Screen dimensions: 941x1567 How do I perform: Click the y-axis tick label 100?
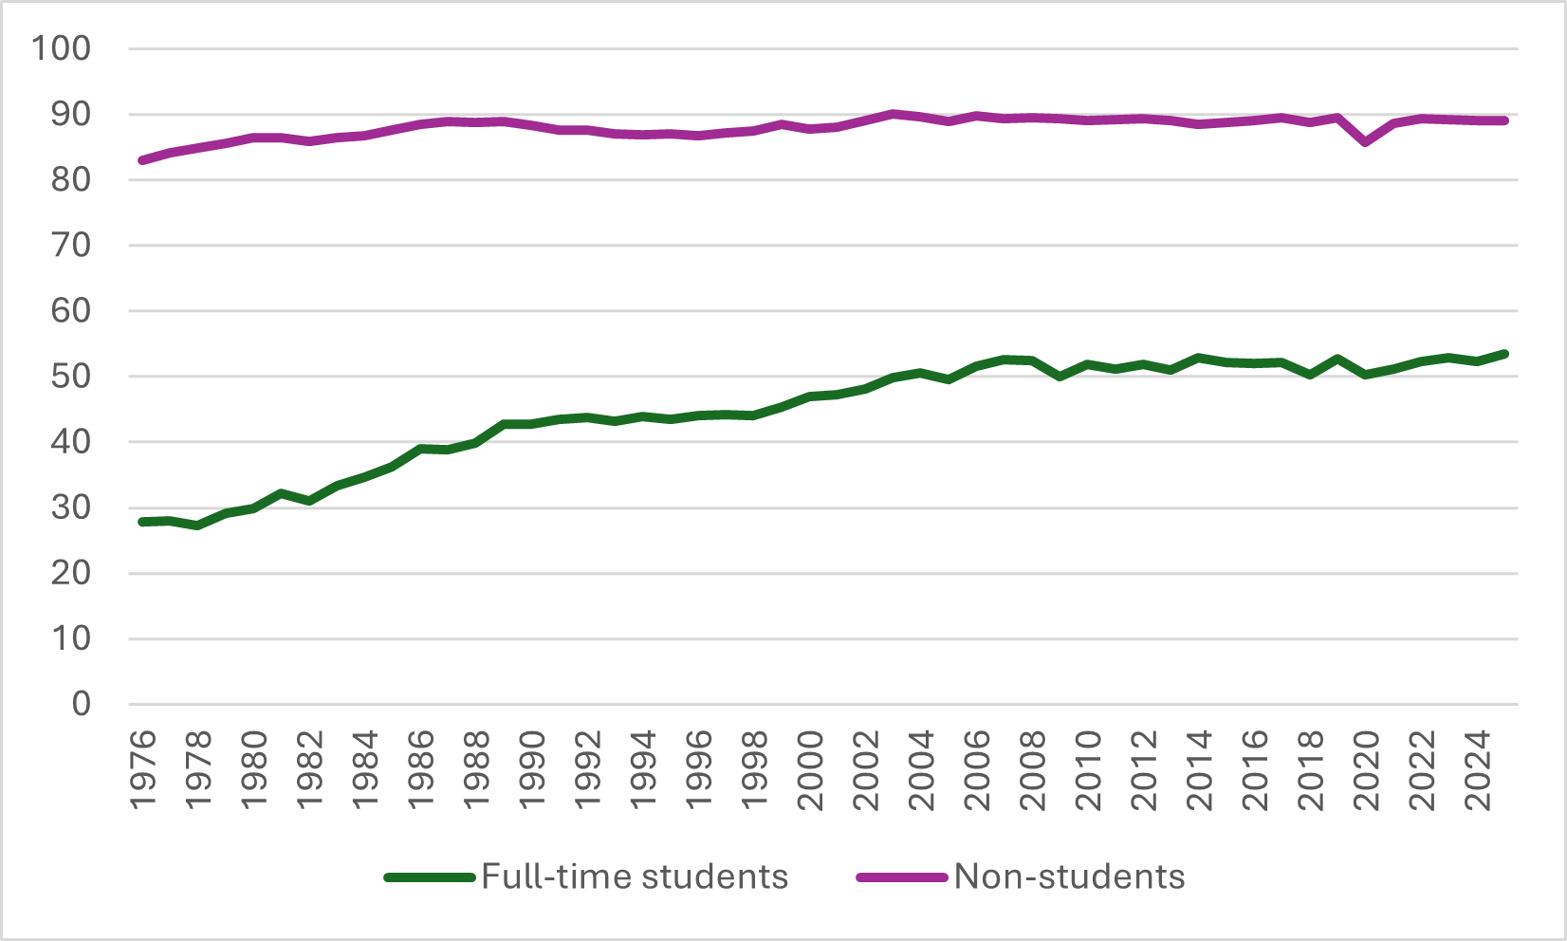[x=62, y=48]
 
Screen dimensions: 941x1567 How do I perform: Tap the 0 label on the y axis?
[x=82, y=704]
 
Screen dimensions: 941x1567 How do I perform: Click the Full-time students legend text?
[x=635, y=876]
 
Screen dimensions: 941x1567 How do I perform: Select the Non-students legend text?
[x=1069, y=876]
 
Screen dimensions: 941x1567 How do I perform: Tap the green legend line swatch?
[x=430, y=877]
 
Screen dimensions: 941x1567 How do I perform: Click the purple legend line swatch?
[x=902, y=877]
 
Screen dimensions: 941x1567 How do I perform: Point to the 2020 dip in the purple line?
[x=1366, y=142]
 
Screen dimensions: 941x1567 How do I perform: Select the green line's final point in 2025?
[x=1504, y=354]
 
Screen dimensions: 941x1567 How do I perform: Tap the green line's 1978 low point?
[x=197, y=525]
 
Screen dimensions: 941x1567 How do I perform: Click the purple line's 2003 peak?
[x=894, y=114]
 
